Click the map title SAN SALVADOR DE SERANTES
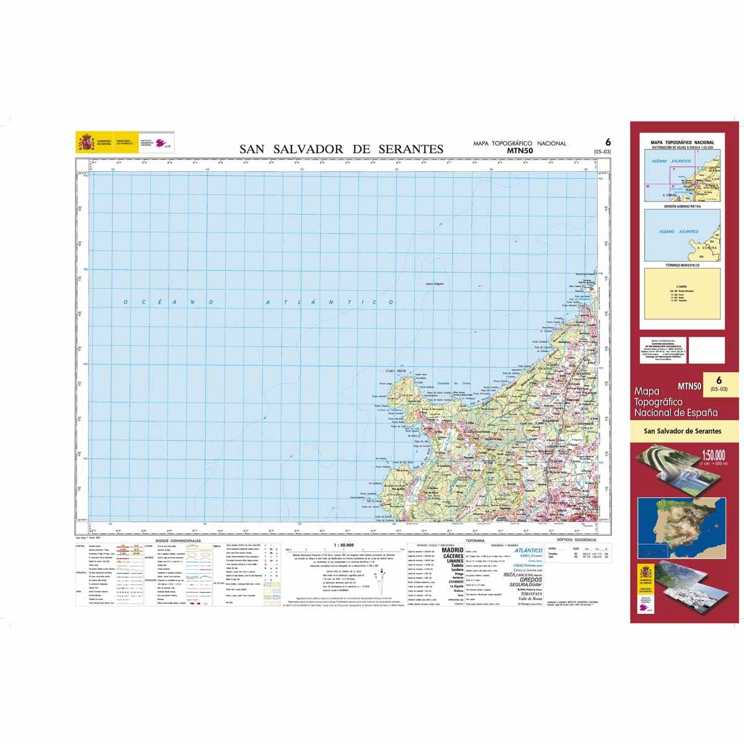click(342, 149)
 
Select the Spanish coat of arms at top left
click(85, 142)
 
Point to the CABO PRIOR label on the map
click(395, 371)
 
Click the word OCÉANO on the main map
click(168, 303)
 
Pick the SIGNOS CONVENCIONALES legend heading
click(180, 541)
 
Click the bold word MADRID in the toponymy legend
click(453, 550)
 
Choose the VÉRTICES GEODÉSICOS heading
click(577, 541)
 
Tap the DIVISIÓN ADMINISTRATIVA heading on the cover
click(682, 206)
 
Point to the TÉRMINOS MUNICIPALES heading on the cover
click(682, 265)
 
